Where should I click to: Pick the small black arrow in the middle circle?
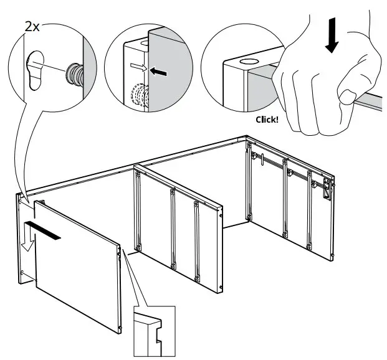(x=160, y=72)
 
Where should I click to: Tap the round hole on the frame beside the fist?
(x=248, y=63)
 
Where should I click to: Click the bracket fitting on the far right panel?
(x=325, y=187)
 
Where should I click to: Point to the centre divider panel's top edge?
(x=179, y=184)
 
